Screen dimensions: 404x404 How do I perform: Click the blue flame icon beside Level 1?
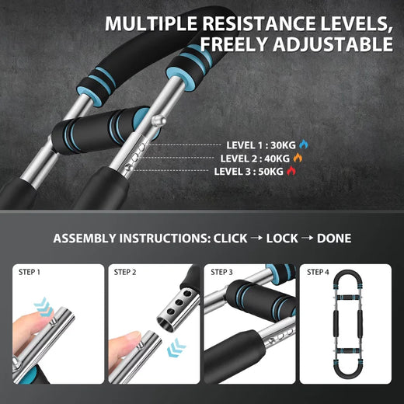tap(304, 145)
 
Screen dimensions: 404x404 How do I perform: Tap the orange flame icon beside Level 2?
tap(298, 158)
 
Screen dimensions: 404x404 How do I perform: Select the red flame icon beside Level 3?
tap(291, 171)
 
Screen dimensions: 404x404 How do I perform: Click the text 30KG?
tap(283, 145)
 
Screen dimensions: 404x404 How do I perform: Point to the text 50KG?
tap(271, 172)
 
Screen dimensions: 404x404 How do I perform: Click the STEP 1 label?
tap(30, 272)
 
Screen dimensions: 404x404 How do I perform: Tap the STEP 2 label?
tap(125, 272)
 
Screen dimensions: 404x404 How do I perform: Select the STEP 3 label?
tap(221, 272)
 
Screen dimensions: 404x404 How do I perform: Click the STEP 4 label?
tap(318, 272)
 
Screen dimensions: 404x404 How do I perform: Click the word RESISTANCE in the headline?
tap(259, 24)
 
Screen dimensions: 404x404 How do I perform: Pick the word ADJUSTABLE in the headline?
tap(333, 44)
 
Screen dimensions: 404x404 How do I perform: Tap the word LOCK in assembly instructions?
tap(282, 239)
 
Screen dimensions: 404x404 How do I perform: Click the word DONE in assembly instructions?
tap(334, 239)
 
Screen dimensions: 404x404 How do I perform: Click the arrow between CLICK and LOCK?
tap(256, 238)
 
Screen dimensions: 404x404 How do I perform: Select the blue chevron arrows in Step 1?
tap(43, 306)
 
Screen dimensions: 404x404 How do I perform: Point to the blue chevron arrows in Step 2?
tap(176, 347)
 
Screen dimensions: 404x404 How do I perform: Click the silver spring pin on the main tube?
tap(158, 120)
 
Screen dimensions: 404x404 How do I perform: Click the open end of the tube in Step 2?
tap(166, 324)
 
